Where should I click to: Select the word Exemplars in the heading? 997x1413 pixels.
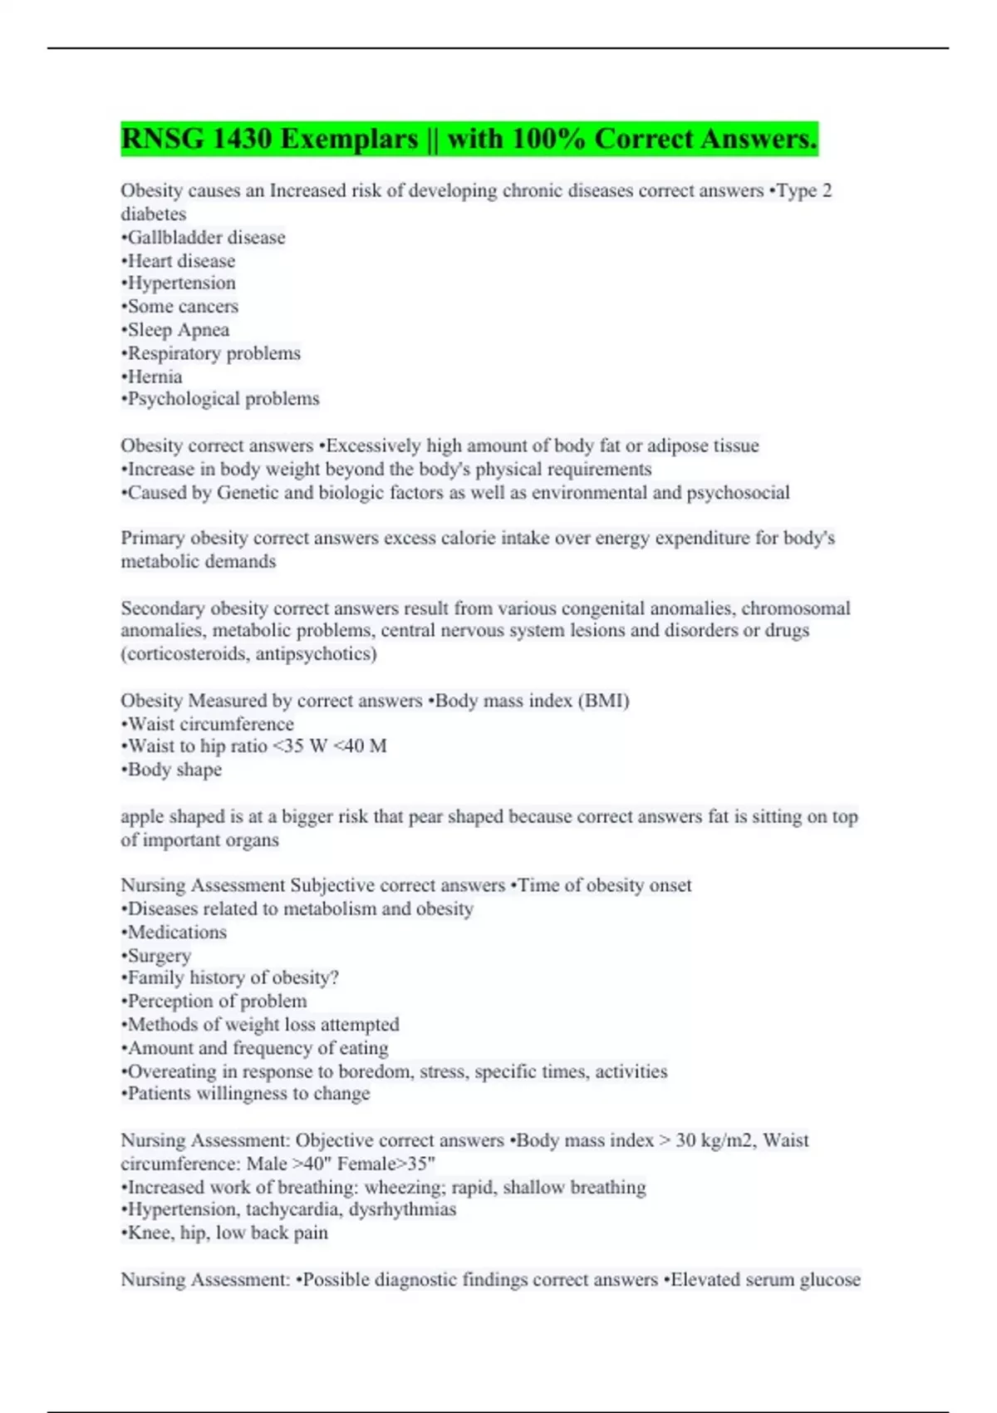coord(349,139)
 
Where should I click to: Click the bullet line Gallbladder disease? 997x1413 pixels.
coord(204,238)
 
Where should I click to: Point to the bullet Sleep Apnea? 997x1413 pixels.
coord(175,330)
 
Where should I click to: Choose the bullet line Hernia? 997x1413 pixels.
coord(152,377)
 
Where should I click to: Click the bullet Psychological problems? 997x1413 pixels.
coord(220,399)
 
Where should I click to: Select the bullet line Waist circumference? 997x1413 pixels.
coord(208,724)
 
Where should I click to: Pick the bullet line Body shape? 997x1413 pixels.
coord(172,770)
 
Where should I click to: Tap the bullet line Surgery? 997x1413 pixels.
coord(156,956)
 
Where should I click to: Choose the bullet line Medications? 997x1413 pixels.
coord(174,933)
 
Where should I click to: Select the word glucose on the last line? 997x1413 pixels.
coord(829,1279)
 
